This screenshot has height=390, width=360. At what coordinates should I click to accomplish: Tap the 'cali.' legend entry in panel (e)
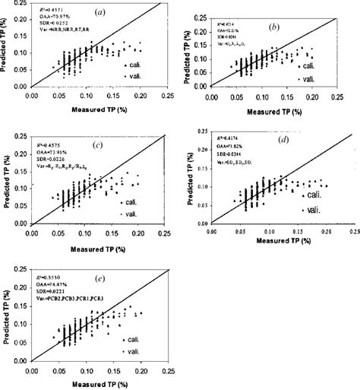click(x=137, y=338)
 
